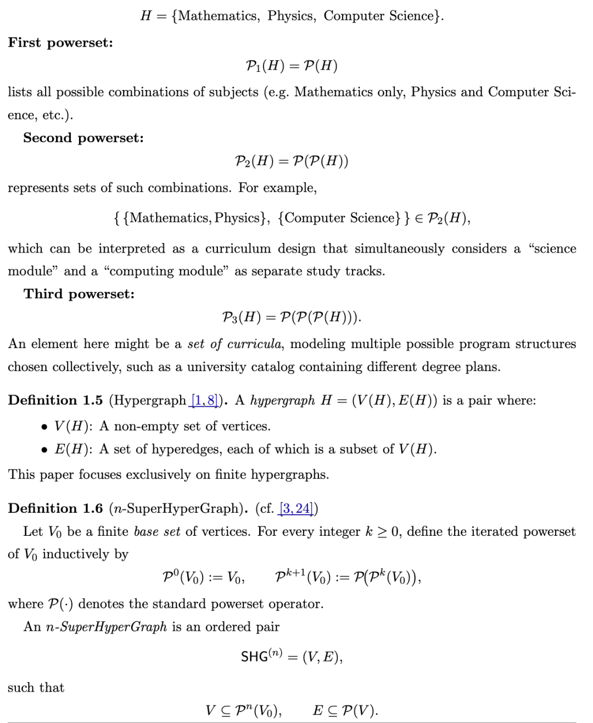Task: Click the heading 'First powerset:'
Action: point(60,43)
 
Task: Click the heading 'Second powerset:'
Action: point(83,138)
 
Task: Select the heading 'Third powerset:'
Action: point(79,294)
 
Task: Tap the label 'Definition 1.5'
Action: point(55,400)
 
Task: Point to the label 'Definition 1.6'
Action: point(55,508)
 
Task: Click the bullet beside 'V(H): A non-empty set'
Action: point(44,427)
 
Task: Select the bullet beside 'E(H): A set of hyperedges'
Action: point(44,450)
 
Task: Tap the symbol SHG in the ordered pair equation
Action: point(254,657)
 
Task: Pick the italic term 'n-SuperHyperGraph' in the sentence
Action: point(106,627)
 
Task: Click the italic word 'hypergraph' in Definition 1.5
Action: point(282,401)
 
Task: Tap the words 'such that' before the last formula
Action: point(36,687)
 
